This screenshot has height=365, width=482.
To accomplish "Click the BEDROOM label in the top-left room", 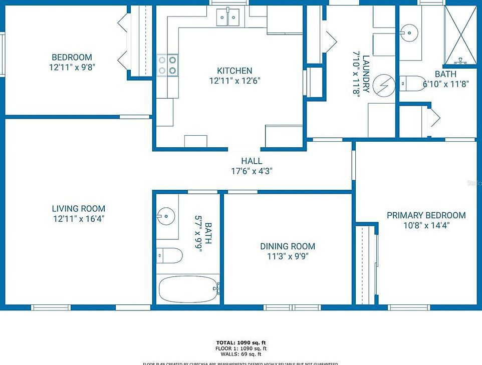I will click(72, 57).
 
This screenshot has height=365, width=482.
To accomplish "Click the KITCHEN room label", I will click(234, 71).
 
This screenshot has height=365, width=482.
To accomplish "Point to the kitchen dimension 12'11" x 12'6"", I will click(234, 80).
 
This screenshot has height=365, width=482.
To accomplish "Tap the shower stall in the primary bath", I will click(460, 35).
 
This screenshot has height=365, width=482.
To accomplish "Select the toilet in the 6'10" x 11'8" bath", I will click(412, 83).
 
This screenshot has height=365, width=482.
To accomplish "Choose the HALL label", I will click(252, 161).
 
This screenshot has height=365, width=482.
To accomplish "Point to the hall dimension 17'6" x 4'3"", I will click(252, 171).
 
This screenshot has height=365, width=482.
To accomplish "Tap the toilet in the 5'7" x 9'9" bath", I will click(169, 255).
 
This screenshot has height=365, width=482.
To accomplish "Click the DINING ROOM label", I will click(288, 246).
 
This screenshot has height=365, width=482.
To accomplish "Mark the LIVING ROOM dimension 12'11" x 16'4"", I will click(79, 218).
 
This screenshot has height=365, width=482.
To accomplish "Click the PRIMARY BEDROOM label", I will click(426, 215).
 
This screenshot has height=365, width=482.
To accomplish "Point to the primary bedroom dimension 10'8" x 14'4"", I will click(426, 225).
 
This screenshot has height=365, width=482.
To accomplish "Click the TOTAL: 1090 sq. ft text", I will click(240, 342).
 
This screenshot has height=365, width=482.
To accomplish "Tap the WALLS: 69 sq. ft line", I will click(240, 354).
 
